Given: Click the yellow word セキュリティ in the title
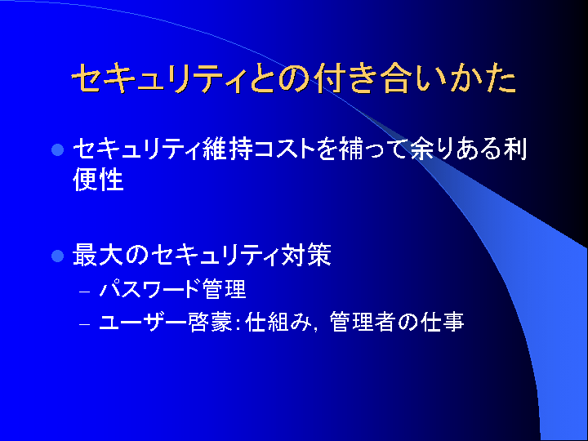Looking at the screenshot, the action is pos(158,78).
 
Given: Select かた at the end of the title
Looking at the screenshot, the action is pos(483,78).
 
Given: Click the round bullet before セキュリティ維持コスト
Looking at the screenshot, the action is pos(57,149).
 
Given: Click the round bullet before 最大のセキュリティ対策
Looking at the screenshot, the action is pos(57,256).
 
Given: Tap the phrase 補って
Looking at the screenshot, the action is pos(372,149).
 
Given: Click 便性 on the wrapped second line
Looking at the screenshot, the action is pos(98,180).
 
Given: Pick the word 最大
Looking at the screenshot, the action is pos(98,255).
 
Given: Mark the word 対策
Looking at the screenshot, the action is pos(306,255).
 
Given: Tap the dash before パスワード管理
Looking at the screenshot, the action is pos(85,292).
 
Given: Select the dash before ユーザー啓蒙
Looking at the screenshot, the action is pos(85,324).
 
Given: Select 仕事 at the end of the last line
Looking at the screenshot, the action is pos(443,322).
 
